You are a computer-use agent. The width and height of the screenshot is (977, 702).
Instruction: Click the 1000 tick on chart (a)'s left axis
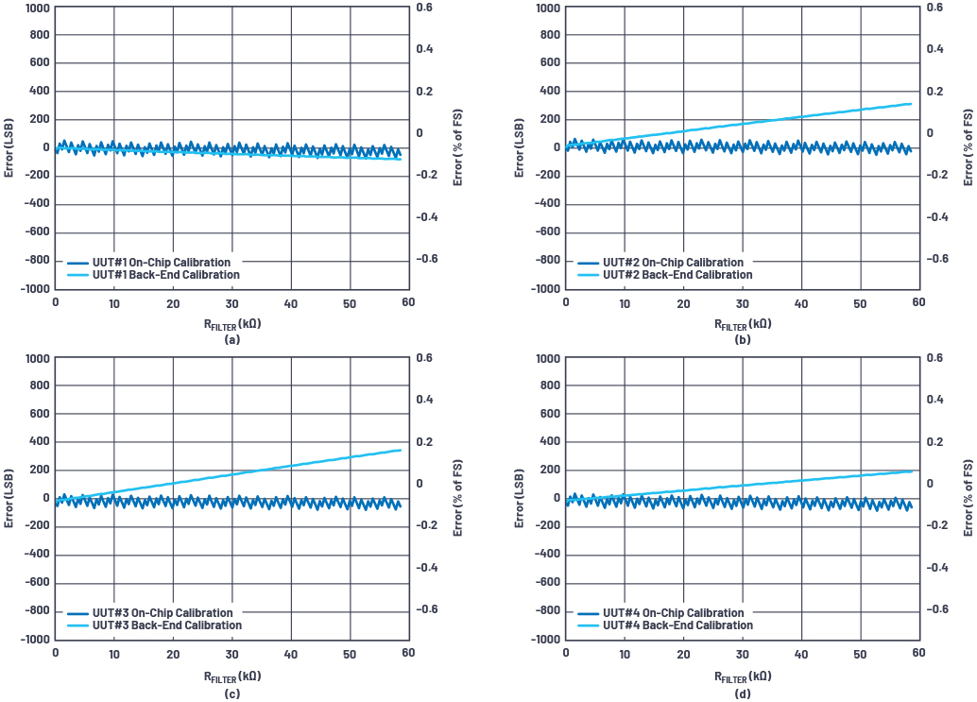click(34, 8)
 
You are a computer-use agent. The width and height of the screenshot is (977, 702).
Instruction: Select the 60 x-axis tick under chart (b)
click(918, 303)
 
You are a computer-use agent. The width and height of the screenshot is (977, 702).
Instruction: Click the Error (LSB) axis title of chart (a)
click(9, 147)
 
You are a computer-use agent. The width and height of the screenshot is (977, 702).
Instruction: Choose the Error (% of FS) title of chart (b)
click(968, 147)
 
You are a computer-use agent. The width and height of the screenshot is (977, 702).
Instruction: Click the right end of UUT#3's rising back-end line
click(401, 450)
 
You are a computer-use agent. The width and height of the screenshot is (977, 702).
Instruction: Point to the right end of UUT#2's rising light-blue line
click(911, 104)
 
